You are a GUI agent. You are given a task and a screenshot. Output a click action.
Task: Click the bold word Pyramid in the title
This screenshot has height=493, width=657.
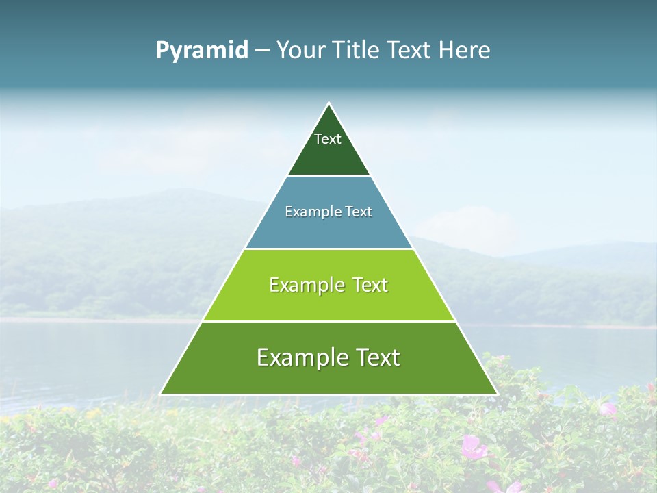tap(201, 51)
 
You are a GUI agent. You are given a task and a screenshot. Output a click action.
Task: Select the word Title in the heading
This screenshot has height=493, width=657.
tap(357, 51)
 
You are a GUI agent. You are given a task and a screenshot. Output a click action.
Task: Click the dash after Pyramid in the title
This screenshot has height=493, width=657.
tap(261, 51)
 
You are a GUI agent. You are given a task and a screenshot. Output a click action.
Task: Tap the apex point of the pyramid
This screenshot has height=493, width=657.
tap(328, 103)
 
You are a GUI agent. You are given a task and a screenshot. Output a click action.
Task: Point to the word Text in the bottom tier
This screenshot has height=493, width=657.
tap(376, 357)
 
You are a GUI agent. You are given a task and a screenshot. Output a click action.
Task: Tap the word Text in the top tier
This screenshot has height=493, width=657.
tap(328, 139)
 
